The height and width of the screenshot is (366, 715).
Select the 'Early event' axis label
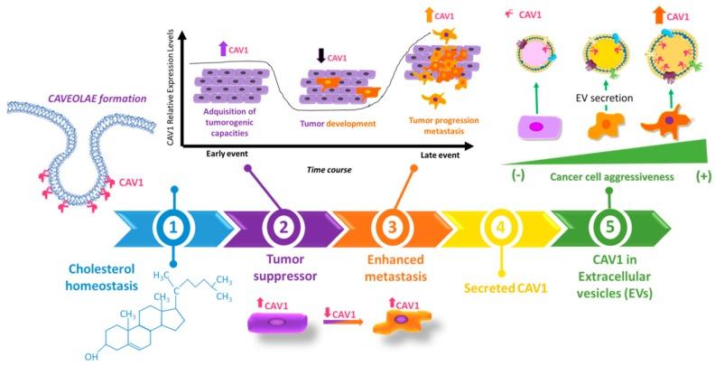pos(209,154)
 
